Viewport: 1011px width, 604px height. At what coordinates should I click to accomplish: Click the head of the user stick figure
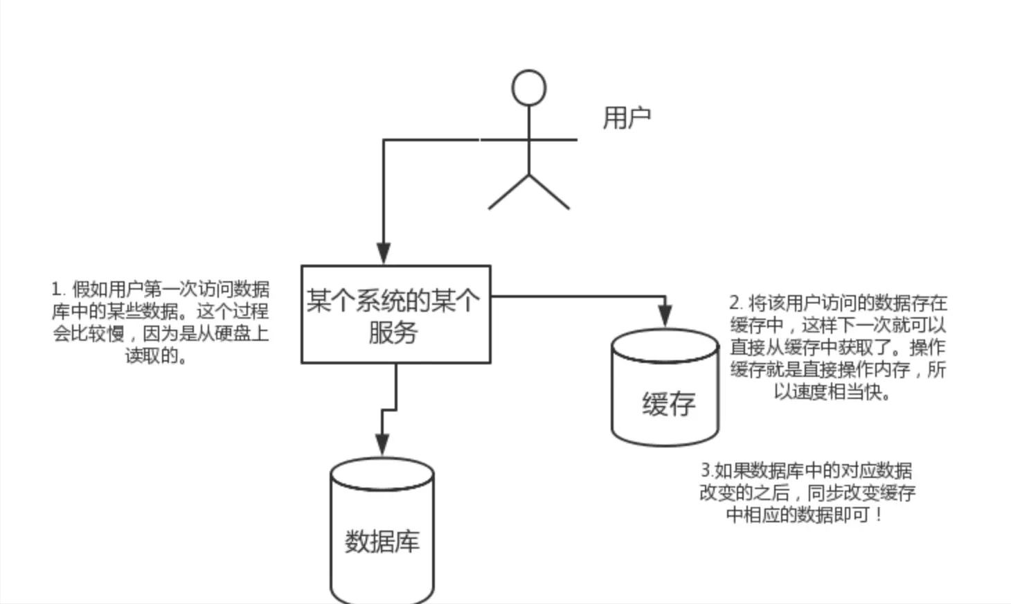click(x=528, y=88)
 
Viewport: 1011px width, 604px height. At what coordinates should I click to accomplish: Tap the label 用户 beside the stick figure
click(x=626, y=118)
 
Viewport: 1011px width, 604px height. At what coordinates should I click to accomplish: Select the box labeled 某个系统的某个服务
click(x=395, y=314)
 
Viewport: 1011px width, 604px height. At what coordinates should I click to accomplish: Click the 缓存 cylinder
click(x=665, y=388)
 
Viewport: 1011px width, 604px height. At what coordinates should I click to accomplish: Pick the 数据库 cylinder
click(x=382, y=530)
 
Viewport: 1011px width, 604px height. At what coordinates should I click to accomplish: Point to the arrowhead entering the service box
click(x=383, y=254)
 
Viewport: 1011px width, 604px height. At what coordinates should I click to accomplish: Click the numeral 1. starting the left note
click(x=58, y=289)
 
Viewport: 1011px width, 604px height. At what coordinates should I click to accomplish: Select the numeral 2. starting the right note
click(x=735, y=303)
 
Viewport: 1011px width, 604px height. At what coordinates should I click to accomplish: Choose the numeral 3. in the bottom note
click(x=707, y=470)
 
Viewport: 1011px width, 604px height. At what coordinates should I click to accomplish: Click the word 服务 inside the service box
click(x=393, y=332)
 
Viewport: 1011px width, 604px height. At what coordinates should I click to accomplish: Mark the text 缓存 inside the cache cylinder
click(x=668, y=404)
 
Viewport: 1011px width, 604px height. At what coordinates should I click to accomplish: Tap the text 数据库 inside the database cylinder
click(x=382, y=541)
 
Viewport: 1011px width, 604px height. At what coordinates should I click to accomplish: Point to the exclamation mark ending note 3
click(x=878, y=515)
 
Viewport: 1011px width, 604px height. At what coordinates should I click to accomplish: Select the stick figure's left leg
click(x=508, y=192)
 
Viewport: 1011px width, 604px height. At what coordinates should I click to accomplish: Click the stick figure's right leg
click(x=550, y=192)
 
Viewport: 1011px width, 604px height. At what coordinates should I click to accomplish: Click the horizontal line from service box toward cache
click(x=575, y=296)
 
